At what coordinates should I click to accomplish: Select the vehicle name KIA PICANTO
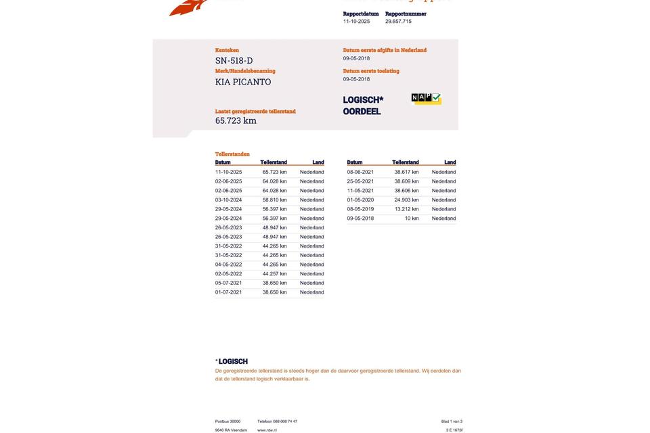pos(243,82)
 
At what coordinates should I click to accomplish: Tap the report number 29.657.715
pos(398,22)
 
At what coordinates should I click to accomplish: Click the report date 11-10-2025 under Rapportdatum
pos(356,22)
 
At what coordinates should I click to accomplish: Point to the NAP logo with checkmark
pos(426,99)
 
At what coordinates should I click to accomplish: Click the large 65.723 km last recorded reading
pos(236,121)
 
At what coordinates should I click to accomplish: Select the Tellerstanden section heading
pos(232,154)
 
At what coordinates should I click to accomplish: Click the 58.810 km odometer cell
pos(274,200)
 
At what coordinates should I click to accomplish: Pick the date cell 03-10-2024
pos(228,200)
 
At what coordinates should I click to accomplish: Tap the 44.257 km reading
pos(274,274)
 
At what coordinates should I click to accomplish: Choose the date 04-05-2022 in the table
pos(228,265)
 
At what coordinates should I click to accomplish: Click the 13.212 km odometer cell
pos(406,209)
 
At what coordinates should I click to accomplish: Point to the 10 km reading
pos(412,219)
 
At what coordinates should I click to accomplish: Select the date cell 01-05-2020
pos(360,200)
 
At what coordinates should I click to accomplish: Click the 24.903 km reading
pos(406,200)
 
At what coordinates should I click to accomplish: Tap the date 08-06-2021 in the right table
pos(360,173)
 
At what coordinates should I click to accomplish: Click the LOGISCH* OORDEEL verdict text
pos(363,106)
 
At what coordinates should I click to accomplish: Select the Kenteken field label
pos(227,50)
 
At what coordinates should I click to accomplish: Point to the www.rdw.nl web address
pos(267,430)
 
